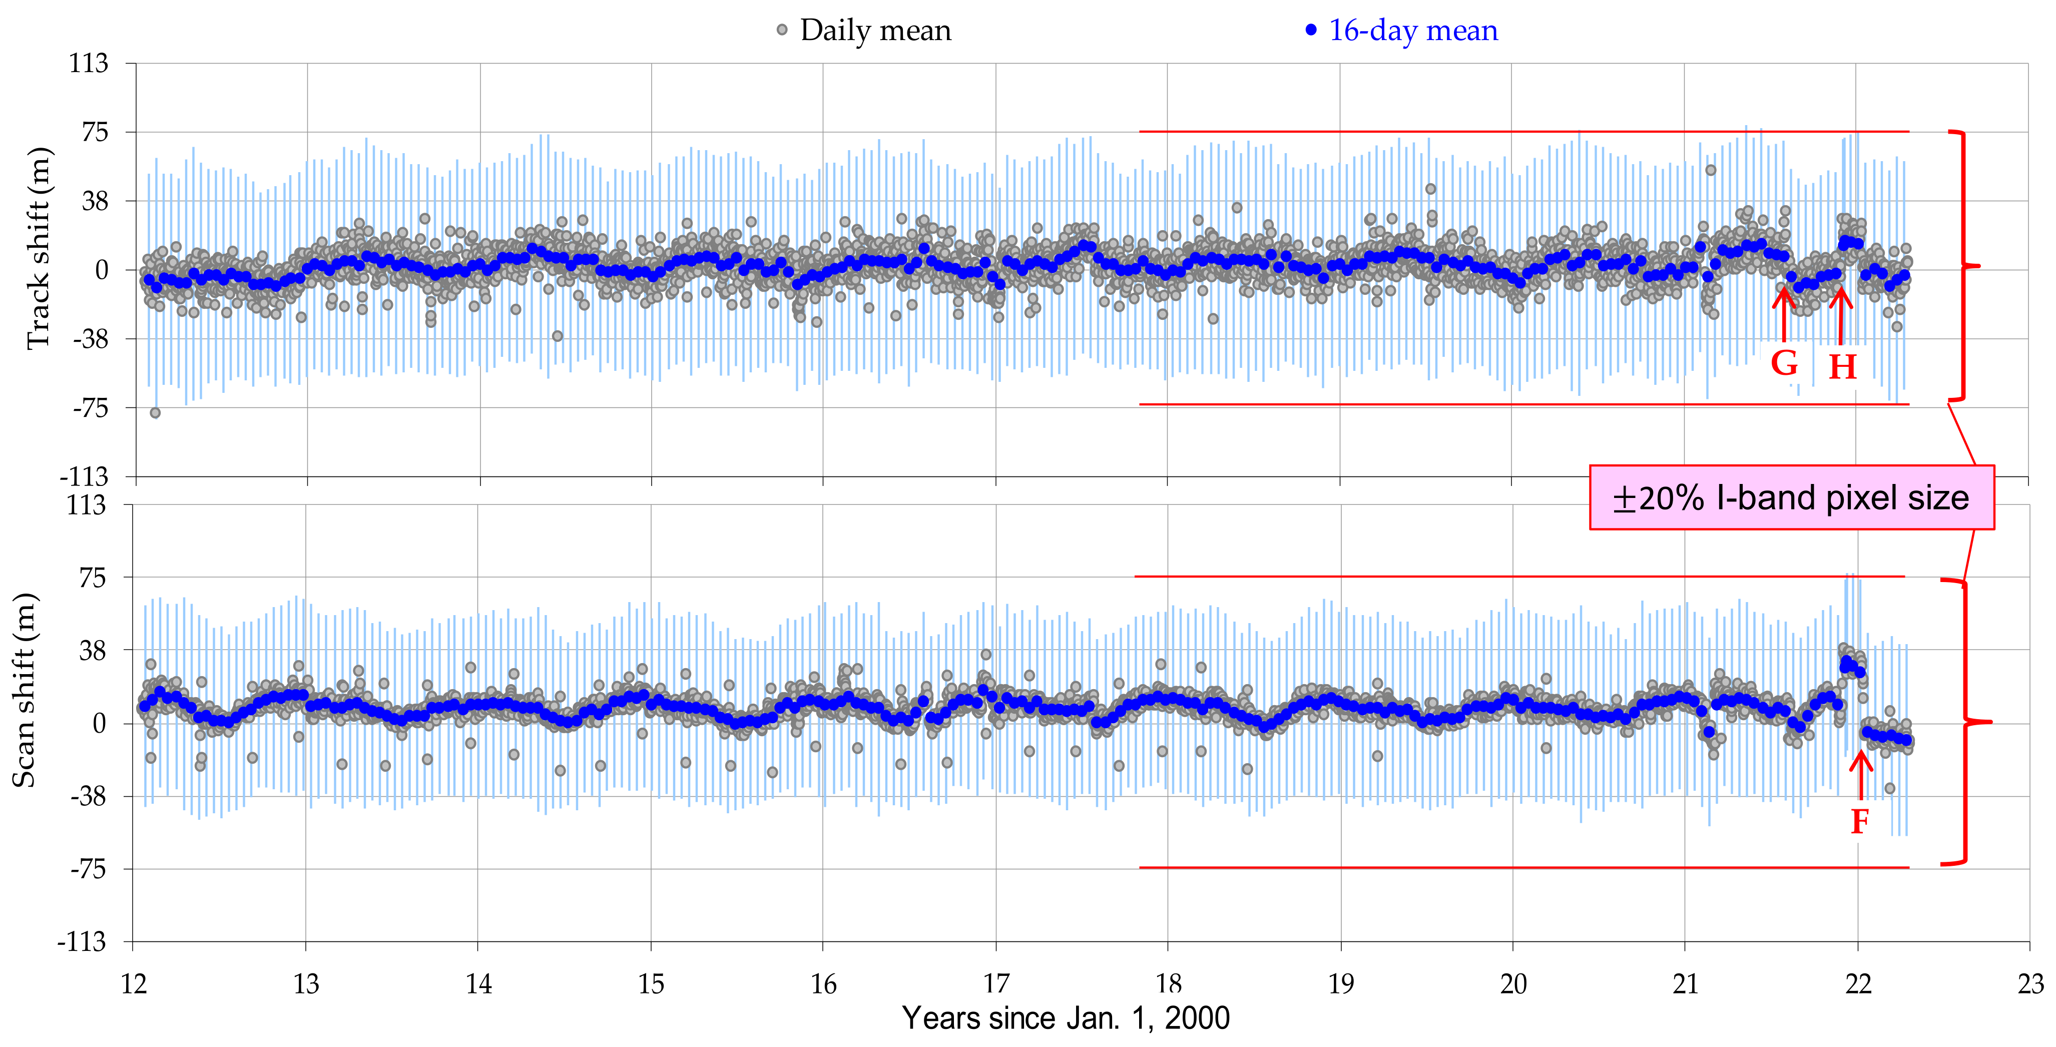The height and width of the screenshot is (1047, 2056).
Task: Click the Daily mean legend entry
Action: (864, 31)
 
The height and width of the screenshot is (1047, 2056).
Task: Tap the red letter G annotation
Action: (1785, 363)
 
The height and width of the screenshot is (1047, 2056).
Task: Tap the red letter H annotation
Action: (1842, 367)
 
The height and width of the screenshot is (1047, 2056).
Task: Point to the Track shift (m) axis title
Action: (39, 249)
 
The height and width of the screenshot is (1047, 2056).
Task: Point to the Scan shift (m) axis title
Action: (24, 690)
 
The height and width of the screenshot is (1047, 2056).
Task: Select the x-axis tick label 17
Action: (995, 984)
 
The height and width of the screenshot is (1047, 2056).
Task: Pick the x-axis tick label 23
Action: (2029, 984)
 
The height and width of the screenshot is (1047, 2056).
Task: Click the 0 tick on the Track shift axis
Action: (102, 270)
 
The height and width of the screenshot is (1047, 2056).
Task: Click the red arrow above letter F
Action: (1860, 774)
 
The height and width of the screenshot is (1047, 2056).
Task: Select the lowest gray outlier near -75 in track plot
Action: (155, 412)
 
